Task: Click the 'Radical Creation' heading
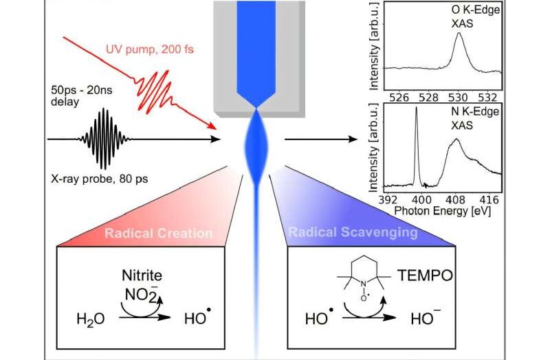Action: [x=158, y=234]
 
